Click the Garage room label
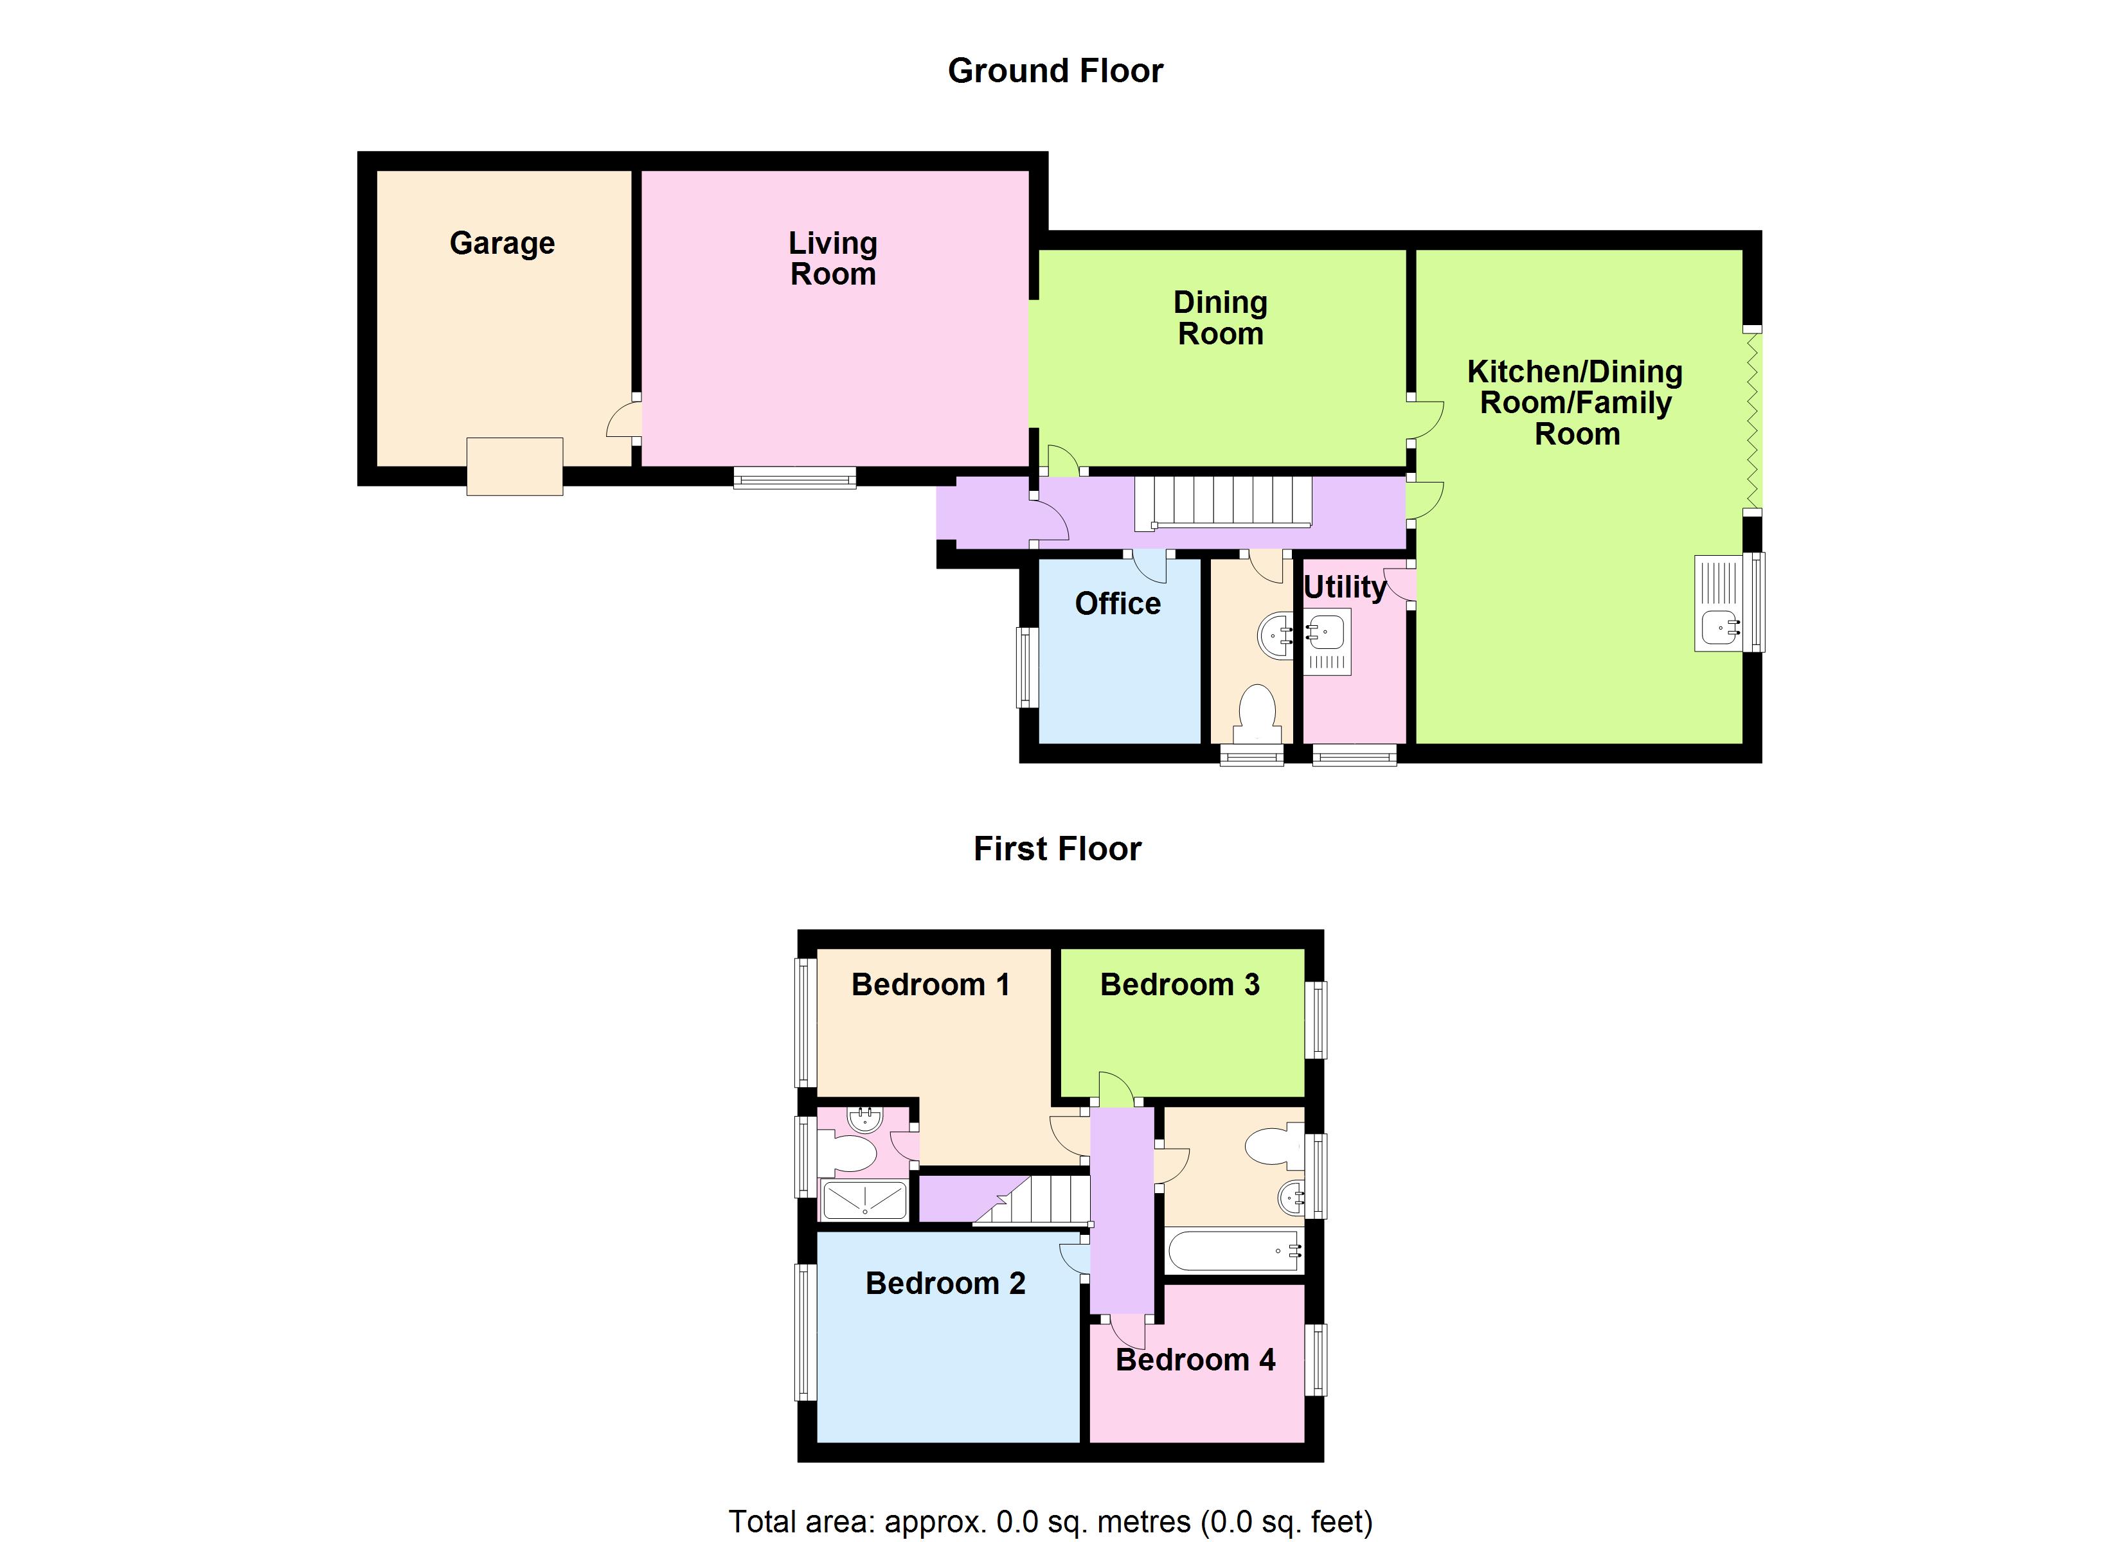tap(502, 243)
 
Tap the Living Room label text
tap(832, 259)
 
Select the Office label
tap(1118, 604)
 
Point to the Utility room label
tap(1344, 587)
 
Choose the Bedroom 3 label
tap(1179, 985)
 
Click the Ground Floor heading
tap(1055, 71)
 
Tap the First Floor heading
tap(1057, 849)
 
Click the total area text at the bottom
tap(1050, 1521)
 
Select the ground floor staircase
tap(1223, 502)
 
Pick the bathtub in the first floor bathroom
tap(1233, 1250)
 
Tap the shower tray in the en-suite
tap(864, 1201)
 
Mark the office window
tap(1027, 667)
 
